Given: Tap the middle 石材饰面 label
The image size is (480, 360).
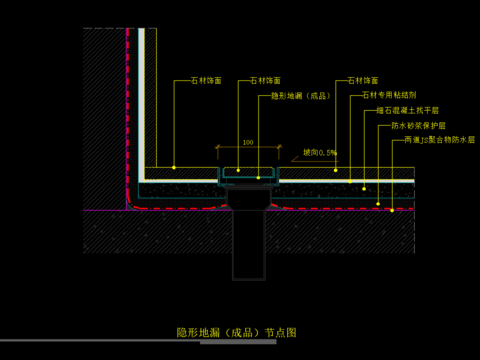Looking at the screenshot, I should [x=265, y=79].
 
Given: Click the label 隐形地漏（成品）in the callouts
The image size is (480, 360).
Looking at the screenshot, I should [x=300, y=96].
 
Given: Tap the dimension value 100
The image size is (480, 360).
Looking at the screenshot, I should [x=247, y=143].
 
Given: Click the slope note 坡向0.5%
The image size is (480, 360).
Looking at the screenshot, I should [x=320, y=153].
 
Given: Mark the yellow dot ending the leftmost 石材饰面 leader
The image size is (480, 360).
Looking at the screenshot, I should [x=173, y=166].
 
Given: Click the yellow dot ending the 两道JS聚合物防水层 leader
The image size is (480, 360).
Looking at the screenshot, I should [x=393, y=210].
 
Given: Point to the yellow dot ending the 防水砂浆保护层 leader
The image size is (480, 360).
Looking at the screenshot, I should [x=379, y=203].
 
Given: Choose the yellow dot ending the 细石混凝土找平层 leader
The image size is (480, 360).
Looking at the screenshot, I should [x=364, y=189].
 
